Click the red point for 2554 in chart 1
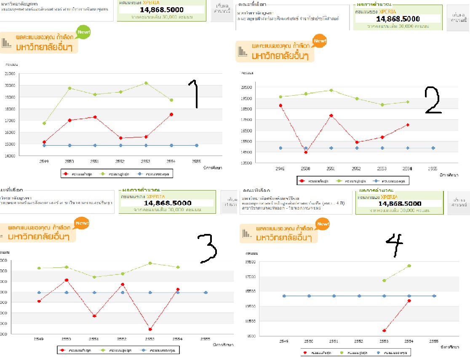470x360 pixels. click(x=171, y=114)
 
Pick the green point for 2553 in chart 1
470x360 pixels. click(x=146, y=83)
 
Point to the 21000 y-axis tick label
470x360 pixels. click(x=9, y=74)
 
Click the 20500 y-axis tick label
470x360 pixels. click(x=246, y=87)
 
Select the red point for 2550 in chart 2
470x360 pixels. click(x=306, y=152)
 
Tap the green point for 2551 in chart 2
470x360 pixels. click(x=331, y=90)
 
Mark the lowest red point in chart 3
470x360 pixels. click(x=150, y=329)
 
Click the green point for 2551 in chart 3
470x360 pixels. click(x=94, y=277)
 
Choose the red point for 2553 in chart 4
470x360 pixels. click(x=384, y=330)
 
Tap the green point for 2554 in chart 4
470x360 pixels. click(x=409, y=266)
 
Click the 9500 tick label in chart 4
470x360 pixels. click(x=252, y=336)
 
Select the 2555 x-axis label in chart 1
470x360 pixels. click(x=196, y=161)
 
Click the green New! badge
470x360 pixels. click(x=83, y=32)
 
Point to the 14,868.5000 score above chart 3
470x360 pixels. click(x=168, y=203)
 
